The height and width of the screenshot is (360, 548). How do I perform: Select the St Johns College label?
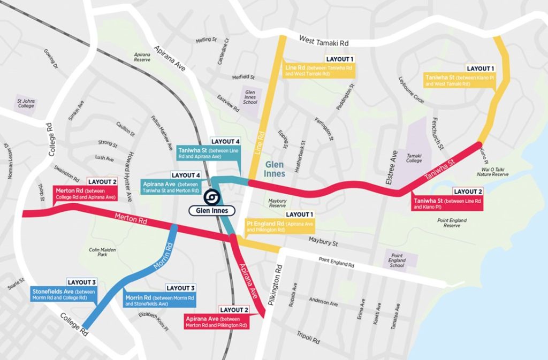click(x=26, y=103)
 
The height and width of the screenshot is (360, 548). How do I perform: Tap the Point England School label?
click(x=397, y=261)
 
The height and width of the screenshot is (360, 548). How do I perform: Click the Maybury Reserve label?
click(x=277, y=203)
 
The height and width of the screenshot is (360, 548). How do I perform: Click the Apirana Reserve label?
click(x=142, y=57)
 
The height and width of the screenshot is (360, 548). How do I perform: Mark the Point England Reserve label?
click(x=452, y=223)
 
